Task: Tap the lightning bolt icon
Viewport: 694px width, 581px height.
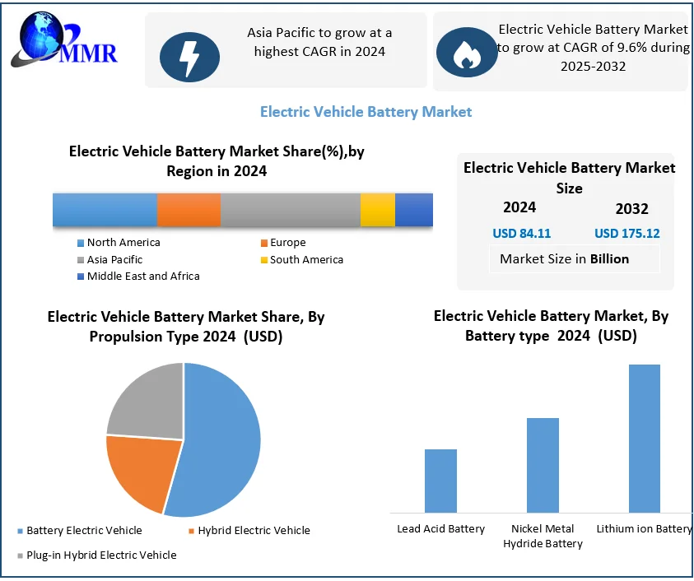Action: (x=189, y=55)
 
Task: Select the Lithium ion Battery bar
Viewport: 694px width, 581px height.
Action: (x=644, y=439)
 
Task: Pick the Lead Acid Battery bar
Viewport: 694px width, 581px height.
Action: (x=440, y=481)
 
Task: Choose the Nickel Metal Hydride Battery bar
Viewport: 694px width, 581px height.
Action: (x=543, y=465)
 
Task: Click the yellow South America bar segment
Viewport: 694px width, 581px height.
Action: (x=378, y=210)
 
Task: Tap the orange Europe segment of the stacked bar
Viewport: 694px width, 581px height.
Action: (x=189, y=210)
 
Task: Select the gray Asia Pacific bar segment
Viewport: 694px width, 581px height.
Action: (x=290, y=210)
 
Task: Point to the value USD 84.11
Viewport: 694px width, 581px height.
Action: (x=521, y=233)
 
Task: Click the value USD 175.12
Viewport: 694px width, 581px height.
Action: (x=626, y=233)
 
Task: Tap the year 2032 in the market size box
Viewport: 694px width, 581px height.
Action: (x=631, y=209)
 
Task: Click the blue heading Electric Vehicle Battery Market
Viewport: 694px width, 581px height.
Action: (x=366, y=111)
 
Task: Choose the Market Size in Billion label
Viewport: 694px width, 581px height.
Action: (x=564, y=258)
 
